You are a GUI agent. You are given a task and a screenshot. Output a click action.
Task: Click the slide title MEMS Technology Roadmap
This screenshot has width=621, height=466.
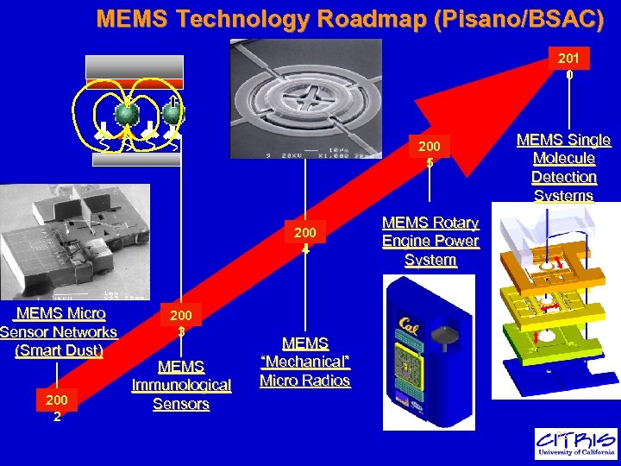pyautogui.click(x=350, y=19)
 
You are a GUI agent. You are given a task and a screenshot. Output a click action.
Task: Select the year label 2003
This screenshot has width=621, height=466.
pyautogui.click(x=181, y=321)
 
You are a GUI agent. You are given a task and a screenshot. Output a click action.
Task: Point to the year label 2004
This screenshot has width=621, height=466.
pyautogui.click(x=305, y=241)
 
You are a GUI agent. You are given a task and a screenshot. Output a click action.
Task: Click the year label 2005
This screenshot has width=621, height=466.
pyautogui.click(x=430, y=154)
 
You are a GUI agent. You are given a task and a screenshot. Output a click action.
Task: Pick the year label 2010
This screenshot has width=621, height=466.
pyautogui.click(x=568, y=66)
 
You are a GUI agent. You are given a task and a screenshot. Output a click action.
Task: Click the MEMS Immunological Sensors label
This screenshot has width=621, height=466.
pyautogui.click(x=181, y=385)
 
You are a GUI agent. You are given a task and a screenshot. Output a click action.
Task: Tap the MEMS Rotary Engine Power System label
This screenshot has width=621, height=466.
pyautogui.click(x=430, y=242)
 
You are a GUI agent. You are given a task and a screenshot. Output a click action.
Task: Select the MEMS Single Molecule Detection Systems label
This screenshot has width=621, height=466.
pyautogui.click(x=564, y=167)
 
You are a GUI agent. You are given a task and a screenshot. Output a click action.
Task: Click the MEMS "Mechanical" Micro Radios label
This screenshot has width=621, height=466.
pyautogui.click(x=305, y=362)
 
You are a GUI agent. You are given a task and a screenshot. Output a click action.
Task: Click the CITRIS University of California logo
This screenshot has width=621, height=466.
pyautogui.click(x=575, y=443)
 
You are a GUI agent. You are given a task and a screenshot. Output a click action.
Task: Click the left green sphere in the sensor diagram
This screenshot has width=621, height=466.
pyautogui.click(x=126, y=114)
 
